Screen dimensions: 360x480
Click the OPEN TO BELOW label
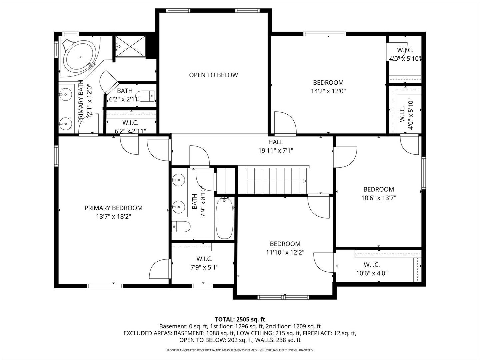[213, 75]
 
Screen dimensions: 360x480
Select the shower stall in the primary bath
[130, 46]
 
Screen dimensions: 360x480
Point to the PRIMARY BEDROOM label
[113, 208]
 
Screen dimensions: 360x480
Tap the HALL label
[276, 142]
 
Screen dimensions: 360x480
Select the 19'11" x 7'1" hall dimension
[276, 151]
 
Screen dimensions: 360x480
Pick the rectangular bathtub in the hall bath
[224, 218]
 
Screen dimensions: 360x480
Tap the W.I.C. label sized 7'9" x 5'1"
[204, 259]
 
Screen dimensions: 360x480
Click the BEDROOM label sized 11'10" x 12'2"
[285, 244]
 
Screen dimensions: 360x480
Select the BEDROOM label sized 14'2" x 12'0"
[328, 83]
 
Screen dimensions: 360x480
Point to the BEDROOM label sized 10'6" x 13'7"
[379, 189]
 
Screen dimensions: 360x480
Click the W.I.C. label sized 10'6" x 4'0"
[372, 265]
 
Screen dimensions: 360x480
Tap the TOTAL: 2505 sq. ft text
[240, 320]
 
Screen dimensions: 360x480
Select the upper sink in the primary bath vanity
[66, 94]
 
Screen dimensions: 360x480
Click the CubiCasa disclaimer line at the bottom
[240, 350]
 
